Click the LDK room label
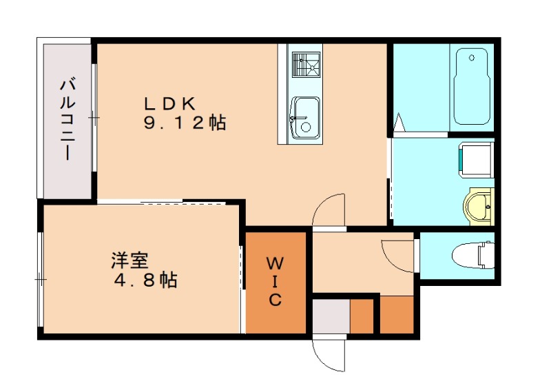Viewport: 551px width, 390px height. point(170,104)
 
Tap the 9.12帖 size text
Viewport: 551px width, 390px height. point(185,124)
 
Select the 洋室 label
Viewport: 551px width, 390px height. point(130,261)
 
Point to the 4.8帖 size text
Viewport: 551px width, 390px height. point(145,280)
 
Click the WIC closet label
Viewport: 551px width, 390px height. point(275,281)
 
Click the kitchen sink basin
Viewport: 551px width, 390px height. point(304,117)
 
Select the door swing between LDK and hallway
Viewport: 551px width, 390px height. point(329,210)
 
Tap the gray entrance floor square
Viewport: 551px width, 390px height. point(331,317)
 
